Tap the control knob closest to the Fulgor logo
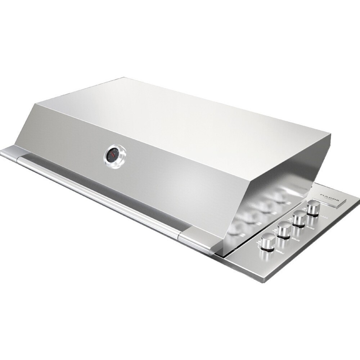(x=314, y=208)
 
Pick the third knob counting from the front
(x=299, y=218)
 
